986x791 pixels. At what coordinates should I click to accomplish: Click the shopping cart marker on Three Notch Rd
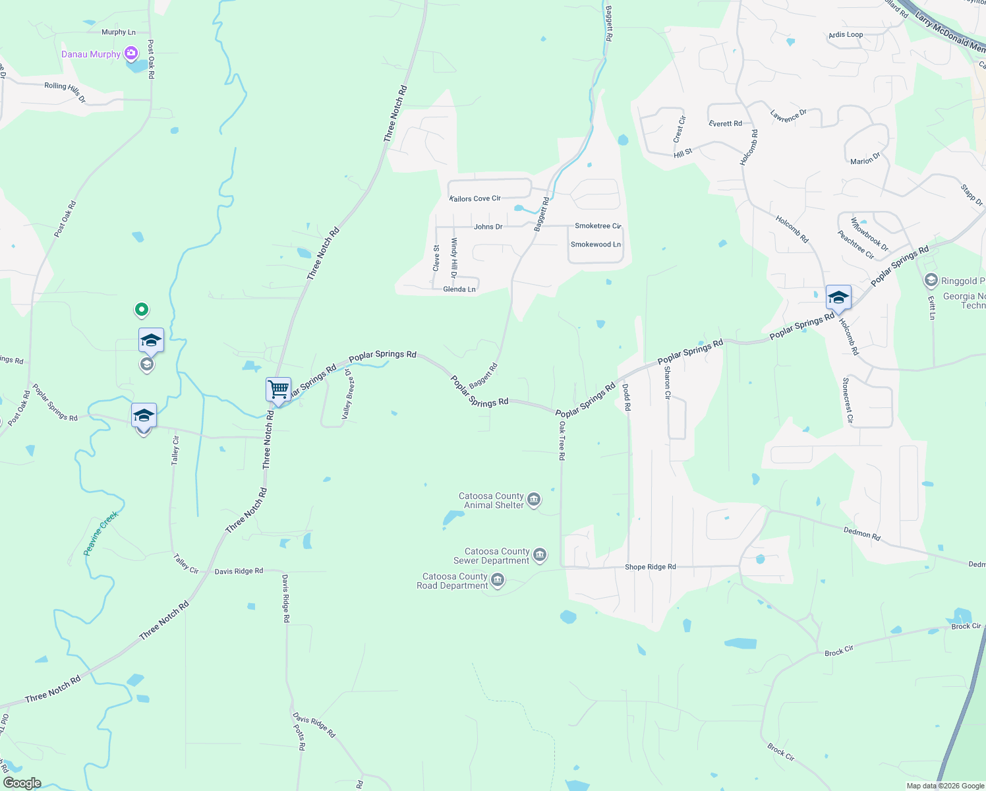tap(278, 390)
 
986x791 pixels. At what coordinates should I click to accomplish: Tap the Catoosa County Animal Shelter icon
tap(535, 500)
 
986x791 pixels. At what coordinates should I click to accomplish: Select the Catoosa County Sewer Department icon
tap(540, 555)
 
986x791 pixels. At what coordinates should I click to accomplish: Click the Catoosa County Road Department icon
tap(498, 580)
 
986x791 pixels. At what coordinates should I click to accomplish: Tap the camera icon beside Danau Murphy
tap(131, 53)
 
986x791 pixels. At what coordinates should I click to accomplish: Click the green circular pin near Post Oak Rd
tap(141, 308)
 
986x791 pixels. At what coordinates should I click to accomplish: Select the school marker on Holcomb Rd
tap(838, 298)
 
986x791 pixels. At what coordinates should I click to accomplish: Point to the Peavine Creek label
tap(101, 533)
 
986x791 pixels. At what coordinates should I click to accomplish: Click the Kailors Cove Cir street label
tap(475, 198)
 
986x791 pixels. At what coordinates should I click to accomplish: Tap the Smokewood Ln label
tap(595, 245)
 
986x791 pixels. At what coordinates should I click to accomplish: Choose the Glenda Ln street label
tap(459, 289)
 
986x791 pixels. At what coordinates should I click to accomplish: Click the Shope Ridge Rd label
tap(650, 567)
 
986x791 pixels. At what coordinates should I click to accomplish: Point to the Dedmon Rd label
tap(861, 533)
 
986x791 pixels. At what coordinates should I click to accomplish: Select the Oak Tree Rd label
tap(562, 440)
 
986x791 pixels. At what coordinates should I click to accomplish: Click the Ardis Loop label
tap(846, 35)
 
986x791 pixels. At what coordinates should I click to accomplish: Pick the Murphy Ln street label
tap(119, 32)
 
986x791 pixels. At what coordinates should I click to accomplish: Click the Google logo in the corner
tap(22, 783)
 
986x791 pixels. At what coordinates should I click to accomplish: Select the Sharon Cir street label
tap(667, 383)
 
